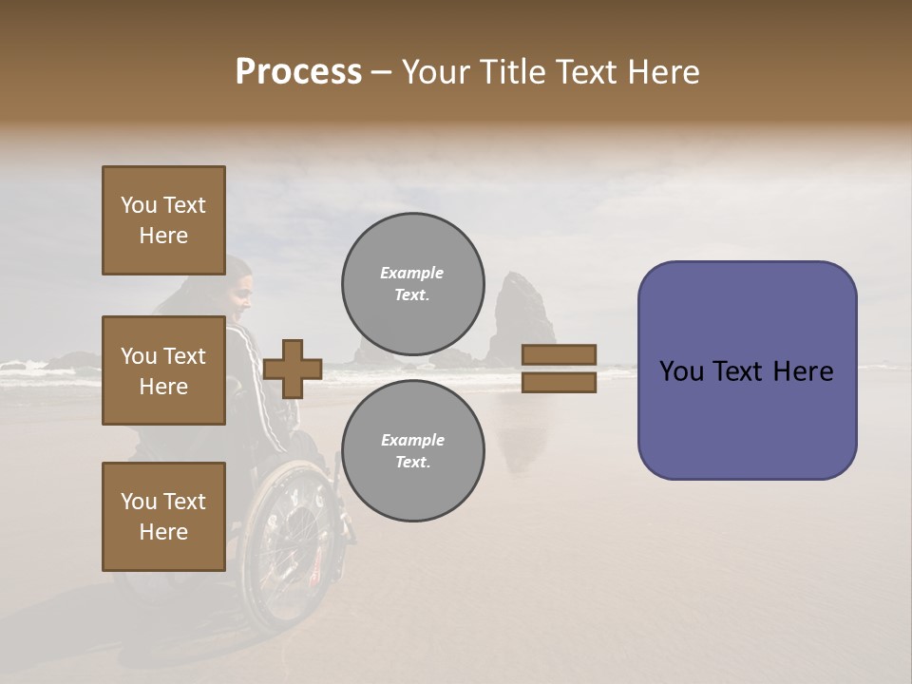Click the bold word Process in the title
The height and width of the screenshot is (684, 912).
click(x=298, y=72)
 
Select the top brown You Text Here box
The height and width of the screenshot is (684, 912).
click(x=163, y=220)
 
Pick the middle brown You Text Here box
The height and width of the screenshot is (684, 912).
click(x=163, y=370)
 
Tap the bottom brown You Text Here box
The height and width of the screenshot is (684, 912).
click(x=163, y=516)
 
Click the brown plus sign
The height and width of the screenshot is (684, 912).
click(x=293, y=369)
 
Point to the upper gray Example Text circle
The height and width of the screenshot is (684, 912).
click(x=412, y=284)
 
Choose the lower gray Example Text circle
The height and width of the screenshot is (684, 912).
click(x=412, y=451)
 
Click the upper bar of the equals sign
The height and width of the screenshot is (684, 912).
click(x=560, y=355)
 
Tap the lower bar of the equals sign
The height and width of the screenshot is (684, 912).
click(x=560, y=383)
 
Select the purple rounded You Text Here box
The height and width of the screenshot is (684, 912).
click(x=747, y=370)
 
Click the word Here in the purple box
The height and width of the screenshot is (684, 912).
click(x=803, y=371)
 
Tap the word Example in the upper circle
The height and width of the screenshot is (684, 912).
click(x=412, y=273)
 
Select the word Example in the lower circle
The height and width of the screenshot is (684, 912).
click(x=412, y=440)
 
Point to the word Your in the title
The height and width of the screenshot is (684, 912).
click(x=434, y=72)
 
